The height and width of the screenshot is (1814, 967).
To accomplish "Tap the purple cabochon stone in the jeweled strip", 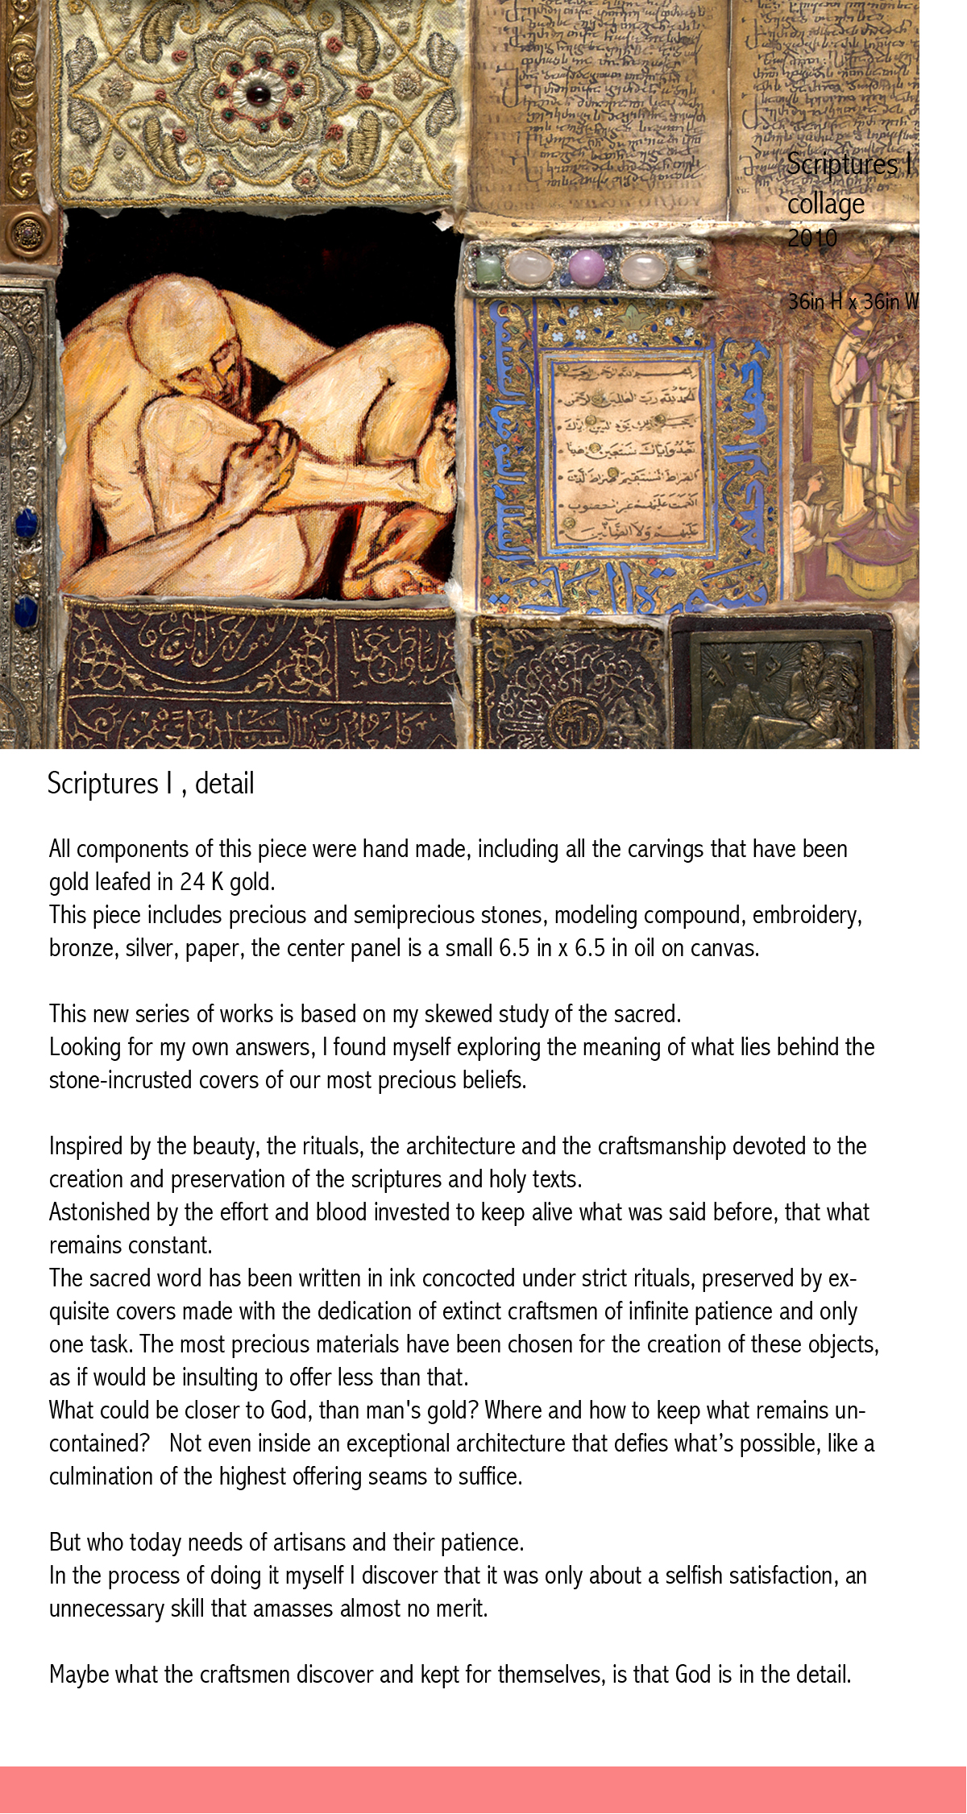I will (x=583, y=266).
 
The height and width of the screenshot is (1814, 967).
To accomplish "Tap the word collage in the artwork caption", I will (x=826, y=204).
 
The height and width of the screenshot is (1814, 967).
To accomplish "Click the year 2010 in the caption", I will (x=812, y=238).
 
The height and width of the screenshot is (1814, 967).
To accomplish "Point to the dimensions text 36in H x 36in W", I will (x=853, y=302).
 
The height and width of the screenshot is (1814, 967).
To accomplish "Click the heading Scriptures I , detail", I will (x=151, y=784).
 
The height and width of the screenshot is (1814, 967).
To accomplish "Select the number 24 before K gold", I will (x=193, y=882).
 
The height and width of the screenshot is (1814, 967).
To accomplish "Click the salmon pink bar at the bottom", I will (x=483, y=1790).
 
